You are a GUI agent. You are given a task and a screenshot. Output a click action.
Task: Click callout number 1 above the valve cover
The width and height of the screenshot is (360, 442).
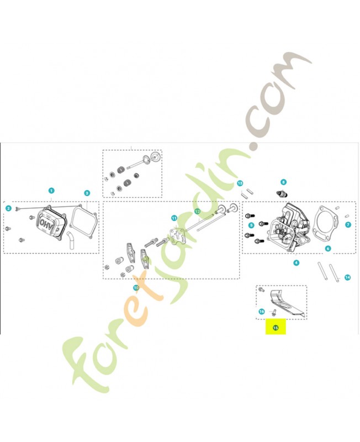pos(51,191)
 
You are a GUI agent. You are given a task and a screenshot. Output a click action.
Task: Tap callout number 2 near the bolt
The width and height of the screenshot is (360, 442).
pos(9,208)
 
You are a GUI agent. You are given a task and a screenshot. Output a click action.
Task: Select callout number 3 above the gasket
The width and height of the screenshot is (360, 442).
pos(87,193)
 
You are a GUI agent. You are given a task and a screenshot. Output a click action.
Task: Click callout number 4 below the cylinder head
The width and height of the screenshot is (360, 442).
pos(296,263)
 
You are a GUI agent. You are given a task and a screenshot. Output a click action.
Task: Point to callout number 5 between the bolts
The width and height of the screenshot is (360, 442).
pos(251,225)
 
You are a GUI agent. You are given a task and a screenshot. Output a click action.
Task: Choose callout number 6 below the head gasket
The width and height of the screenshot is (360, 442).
pos(327,249)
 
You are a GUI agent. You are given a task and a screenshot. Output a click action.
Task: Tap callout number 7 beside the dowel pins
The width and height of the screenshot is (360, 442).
pos(348,225)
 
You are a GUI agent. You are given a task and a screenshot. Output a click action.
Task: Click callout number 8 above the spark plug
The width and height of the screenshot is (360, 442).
pos(283,182)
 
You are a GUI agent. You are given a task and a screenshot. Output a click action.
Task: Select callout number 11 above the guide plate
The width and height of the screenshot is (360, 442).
pos(174,218)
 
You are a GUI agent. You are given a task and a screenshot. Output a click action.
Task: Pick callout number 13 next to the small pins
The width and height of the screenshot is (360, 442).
pos(240,183)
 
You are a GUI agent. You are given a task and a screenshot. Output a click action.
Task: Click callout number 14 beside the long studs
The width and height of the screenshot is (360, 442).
pos(348,277)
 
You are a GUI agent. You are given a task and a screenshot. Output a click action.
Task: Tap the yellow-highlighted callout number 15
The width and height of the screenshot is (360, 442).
pos(276,328)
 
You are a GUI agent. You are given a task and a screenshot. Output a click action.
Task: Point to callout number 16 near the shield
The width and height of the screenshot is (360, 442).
pos(262,312)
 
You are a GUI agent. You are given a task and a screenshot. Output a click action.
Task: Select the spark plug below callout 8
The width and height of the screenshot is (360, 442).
pos(282,194)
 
